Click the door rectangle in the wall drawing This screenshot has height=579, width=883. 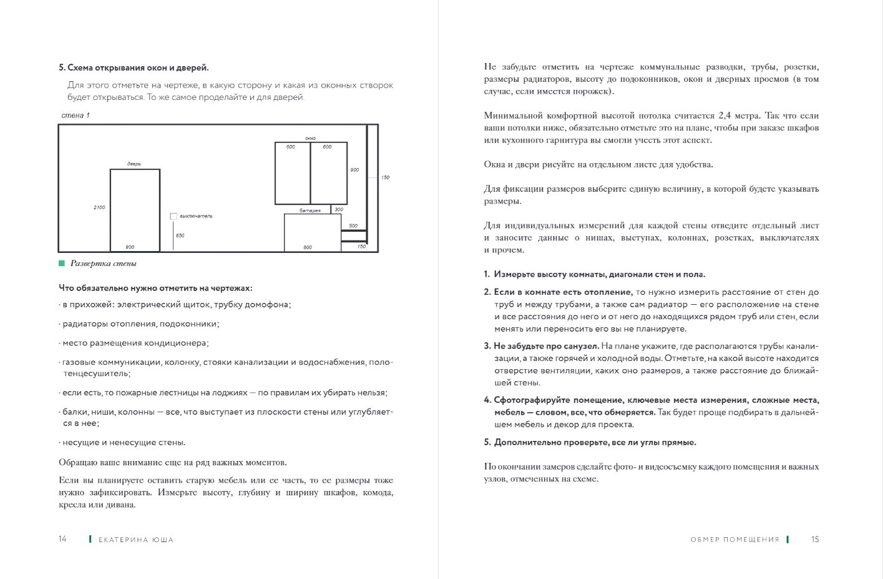pyautogui.click(x=135, y=210)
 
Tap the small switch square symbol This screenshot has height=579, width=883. pyautogui.click(x=173, y=216)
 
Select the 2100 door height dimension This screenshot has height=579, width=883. pyautogui.click(x=99, y=207)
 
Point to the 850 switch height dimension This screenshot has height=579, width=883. pyautogui.click(x=180, y=235)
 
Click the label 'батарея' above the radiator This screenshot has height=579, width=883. pyautogui.click(x=310, y=210)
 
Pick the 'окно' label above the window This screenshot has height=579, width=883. pyautogui.click(x=311, y=138)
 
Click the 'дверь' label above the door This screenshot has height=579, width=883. pyautogui.click(x=134, y=164)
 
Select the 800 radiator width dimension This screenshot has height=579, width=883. pyautogui.click(x=308, y=247)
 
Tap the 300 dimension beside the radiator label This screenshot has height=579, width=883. pyautogui.click(x=339, y=209)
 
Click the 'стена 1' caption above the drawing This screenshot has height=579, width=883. pyautogui.click(x=76, y=116)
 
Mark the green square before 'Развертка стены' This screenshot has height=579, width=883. pyautogui.click(x=62, y=264)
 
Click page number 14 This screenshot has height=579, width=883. pyautogui.click(x=62, y=539)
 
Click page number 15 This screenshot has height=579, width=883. pyautogui.click(x=815, y=539)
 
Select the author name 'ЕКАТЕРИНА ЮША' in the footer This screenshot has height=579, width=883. pyautogui.click(x=136, y=540)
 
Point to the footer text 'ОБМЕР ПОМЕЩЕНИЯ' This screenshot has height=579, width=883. pyautogui.click(x=735, y=540)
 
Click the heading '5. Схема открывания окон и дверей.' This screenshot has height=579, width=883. pyautogui.click(x=134, y=67)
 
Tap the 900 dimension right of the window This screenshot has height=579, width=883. pyautogui.click(x=354, y=170)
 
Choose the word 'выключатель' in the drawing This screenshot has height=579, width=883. pyautogui.click(x=196, y=216)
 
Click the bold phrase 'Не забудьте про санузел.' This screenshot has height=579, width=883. pyautogui.click(x=546, y=346)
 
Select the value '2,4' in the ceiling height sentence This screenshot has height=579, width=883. pyautogui.click(x=724, y=116)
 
